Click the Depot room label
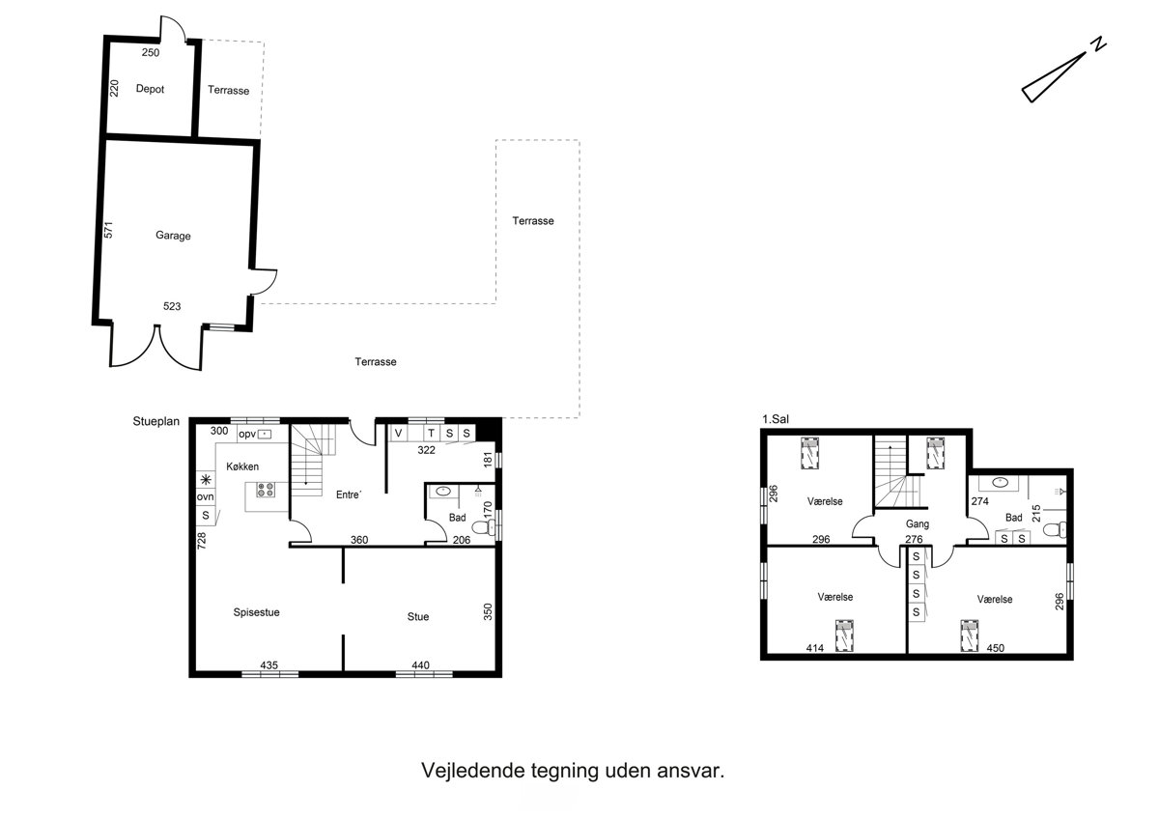[150, 89]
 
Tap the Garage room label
[173, 236]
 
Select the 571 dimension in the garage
[108, 230]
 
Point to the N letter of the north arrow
[1098, 44]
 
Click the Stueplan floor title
[155, 422]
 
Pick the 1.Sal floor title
[775, 419]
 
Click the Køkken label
[242, 466]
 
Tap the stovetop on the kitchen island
[266, 490]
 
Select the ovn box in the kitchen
[206, 497]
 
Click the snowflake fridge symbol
[206, 480]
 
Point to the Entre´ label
[349, 494]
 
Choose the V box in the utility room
[398, 433]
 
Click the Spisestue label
[256, 612]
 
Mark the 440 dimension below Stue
[421, 665]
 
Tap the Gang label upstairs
[917, 524]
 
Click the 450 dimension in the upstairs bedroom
[995, 648]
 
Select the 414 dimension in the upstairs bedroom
[815, 648]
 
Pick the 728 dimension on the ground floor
[202, 540]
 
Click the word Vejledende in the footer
[473, 771]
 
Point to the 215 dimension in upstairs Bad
[1036, 513]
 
